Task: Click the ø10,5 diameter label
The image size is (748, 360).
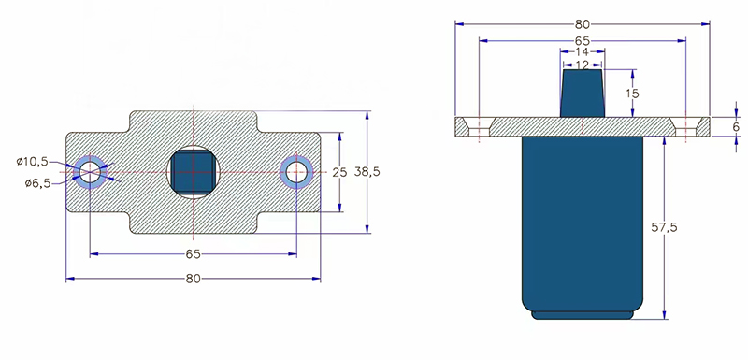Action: pos(32,162)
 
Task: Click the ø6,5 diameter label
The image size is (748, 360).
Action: pos(37,183)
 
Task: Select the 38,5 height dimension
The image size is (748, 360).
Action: pos(367,172)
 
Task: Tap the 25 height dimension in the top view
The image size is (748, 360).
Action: pos(339,172)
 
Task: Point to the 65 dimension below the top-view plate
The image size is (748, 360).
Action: pos(194,254)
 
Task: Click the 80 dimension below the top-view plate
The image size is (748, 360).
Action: pos(194,279)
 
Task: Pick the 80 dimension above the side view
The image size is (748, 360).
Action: pos(583,23)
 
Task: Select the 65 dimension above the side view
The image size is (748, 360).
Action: pos(583,41)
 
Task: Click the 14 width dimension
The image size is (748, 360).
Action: pos(583,51)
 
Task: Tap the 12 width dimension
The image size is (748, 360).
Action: pos(583,65)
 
